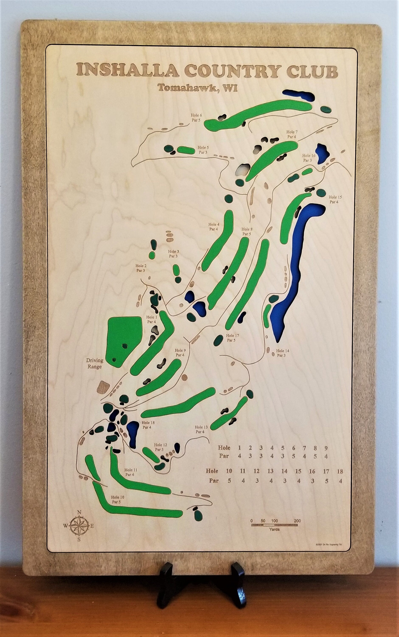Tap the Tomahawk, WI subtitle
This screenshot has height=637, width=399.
[x=197, y=88]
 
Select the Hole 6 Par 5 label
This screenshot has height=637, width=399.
[x=197, y=117]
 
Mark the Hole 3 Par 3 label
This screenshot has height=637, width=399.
[x=173, y=254]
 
